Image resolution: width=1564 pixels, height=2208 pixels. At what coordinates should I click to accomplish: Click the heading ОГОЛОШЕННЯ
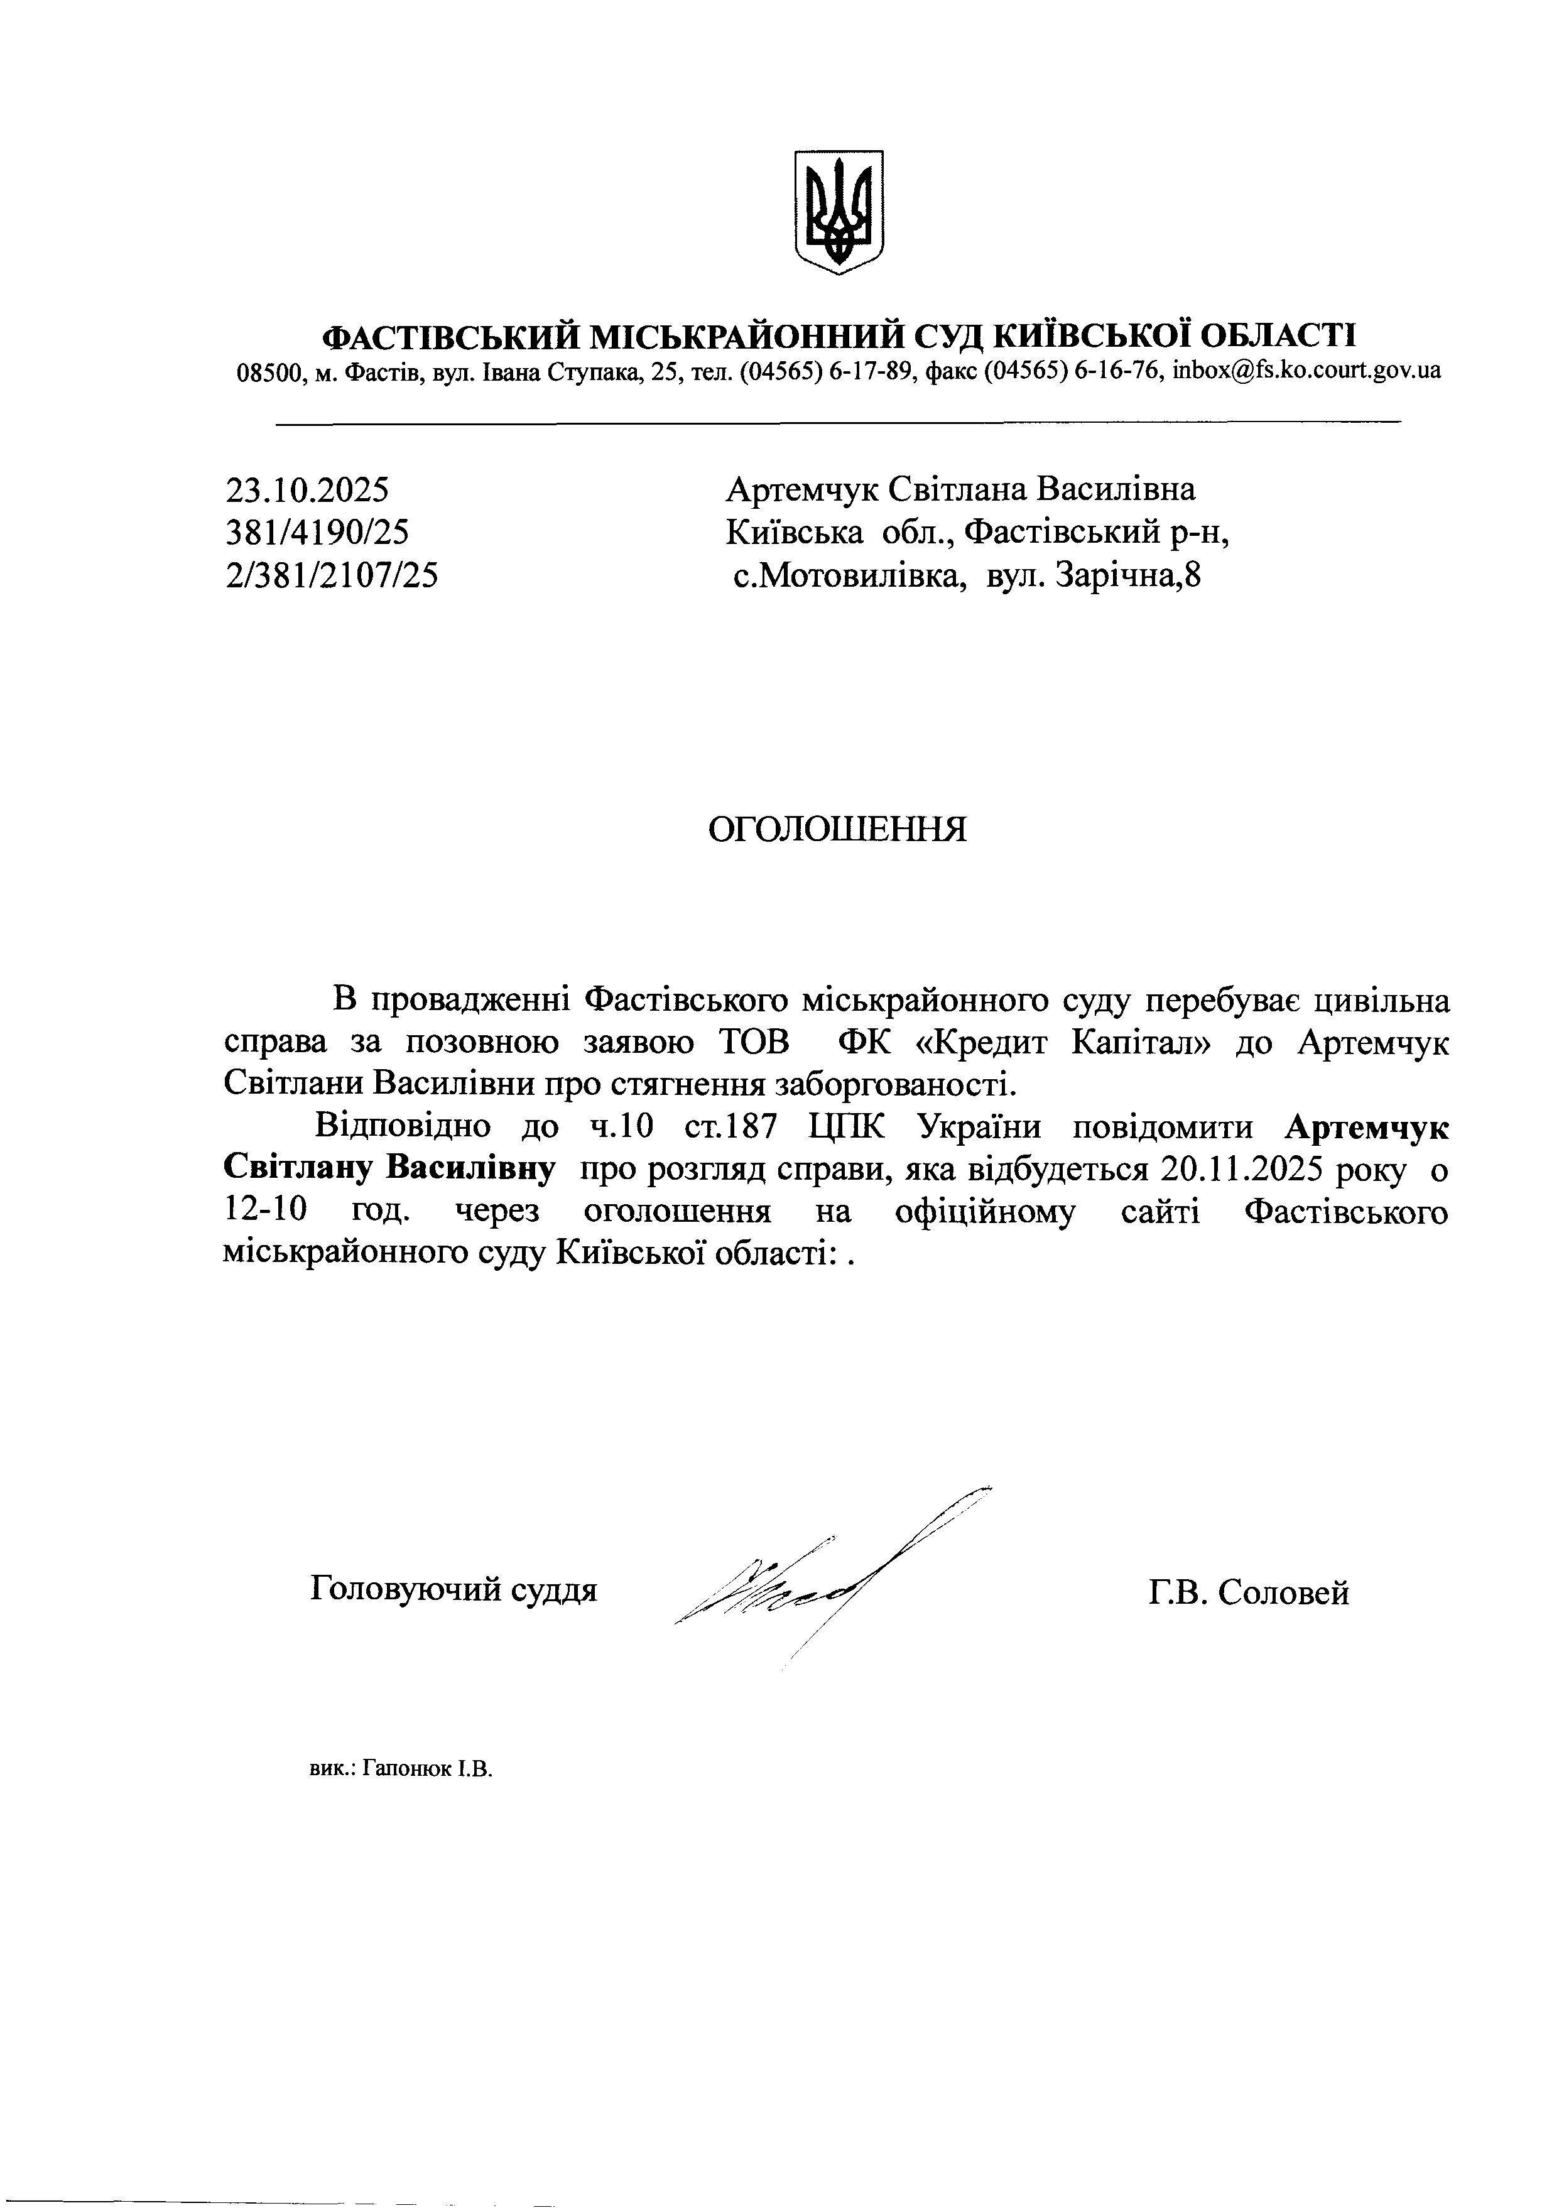point(837,829)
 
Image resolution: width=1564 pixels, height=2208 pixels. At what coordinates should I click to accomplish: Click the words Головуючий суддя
point(453,1589)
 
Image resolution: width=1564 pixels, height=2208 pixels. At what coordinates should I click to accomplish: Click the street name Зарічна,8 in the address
point(1129,576)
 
